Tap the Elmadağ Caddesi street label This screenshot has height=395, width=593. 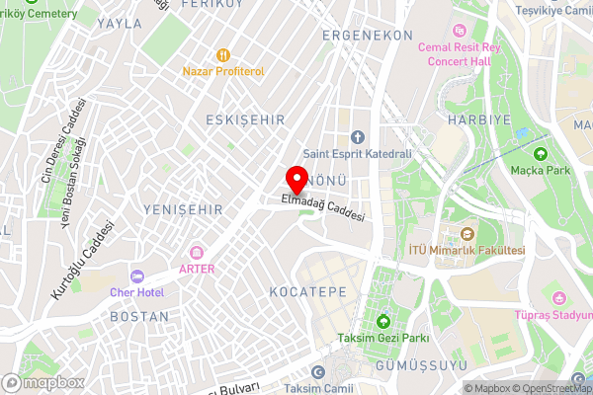pyautogui.click(x=323, y=207)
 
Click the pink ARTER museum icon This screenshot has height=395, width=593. pyautogui.click(x=197, y=253)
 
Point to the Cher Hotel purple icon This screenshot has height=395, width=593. pyautogui.click(x=137, y=276)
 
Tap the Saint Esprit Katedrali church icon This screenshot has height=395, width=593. pyautogui.click(x=358, y=136)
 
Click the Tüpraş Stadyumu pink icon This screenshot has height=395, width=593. pyautogui.click(x=559, y=298)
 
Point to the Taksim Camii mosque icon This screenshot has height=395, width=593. pyautogui.click(x=317, y=372)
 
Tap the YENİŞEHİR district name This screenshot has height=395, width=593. pyautogui.click(x=184, y=209)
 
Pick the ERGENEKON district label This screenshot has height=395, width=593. pyautogui.click(x=367, y=34)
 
